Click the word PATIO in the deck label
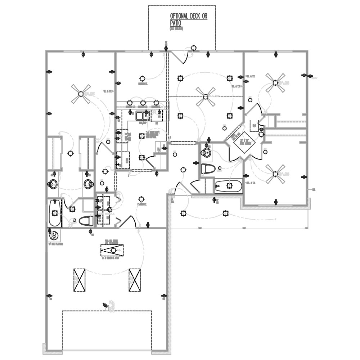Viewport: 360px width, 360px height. click(x=175, y=23)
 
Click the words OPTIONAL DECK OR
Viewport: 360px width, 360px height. click(x=188, y=17)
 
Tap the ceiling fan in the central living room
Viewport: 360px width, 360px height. click(x=206, y=96)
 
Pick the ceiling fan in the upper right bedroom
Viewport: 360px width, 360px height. click(x=275, y=82)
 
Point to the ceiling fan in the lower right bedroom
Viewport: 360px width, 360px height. click(x=275, y=174)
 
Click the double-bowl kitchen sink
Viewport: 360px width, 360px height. click(x=143, y=116)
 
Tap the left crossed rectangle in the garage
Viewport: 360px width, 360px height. click(x=80, y=280)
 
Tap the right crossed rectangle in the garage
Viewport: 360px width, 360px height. click(x=135, y=280)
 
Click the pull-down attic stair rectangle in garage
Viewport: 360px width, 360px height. click(x=112, y=250)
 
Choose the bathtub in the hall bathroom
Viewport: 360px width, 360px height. click(x=229, y=186)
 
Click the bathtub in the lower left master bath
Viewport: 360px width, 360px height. click(x=55, y=212)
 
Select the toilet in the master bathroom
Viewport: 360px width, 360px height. click(x=86, y=221)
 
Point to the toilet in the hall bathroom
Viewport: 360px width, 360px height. click(x=208, y=168)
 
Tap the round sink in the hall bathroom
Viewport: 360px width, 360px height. click(x=207, y=153)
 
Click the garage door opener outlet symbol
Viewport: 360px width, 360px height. click(x=105, y=305)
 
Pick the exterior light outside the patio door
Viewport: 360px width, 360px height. click(x=194, y=48)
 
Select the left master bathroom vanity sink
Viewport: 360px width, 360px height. click(x=53, y=184)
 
